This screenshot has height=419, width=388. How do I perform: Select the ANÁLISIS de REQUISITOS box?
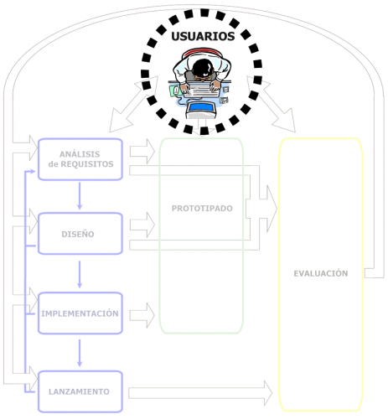coord(80,159)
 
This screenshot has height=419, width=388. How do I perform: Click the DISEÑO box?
coord(80,233)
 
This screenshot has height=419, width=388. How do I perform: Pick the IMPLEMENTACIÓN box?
coord(80,313)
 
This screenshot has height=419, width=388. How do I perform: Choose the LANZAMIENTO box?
coord(80,391)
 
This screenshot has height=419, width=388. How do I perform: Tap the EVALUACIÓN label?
coord(320,273)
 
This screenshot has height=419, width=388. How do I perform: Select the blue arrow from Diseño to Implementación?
coord(80,273)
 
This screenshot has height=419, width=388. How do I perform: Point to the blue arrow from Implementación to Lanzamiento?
coord(80,353)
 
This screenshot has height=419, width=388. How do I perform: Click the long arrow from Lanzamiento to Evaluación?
coord(201,391)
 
